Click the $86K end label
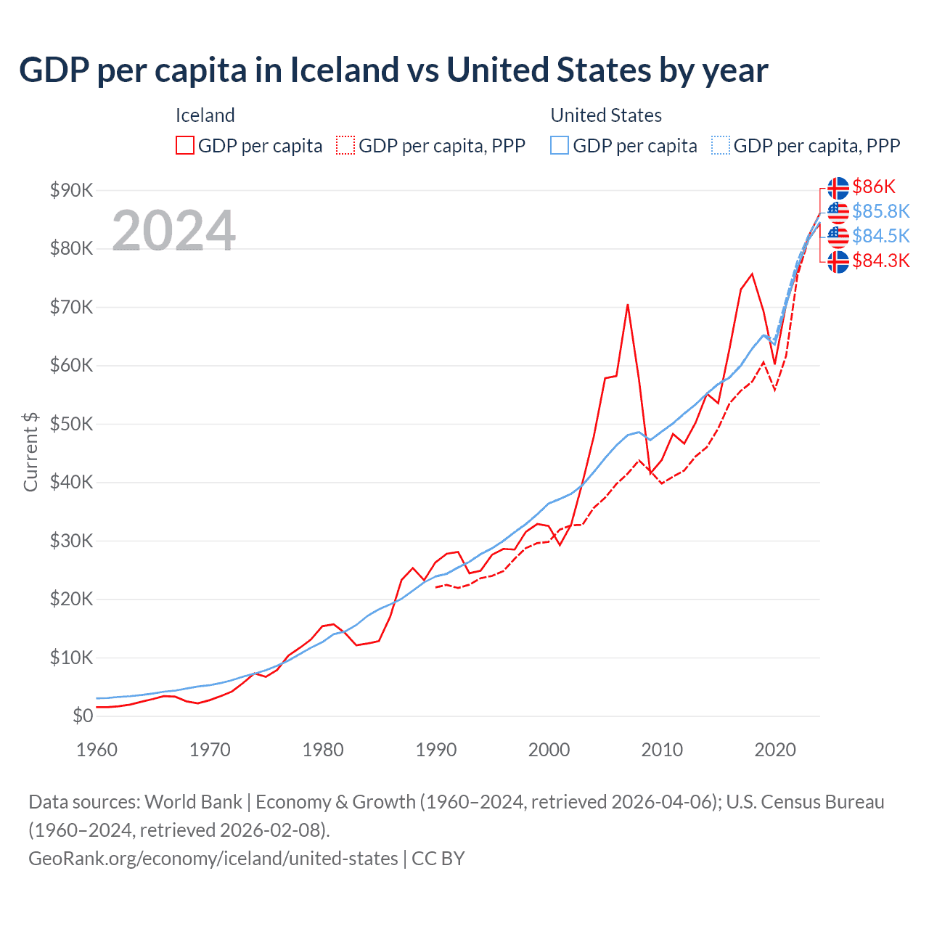point(874,187)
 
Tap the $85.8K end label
point(880,211)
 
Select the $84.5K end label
point(880,236)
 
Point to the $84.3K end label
point(880,261)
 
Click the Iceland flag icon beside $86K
point(838,188)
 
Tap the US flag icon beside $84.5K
point(838,237)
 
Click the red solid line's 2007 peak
point(628,305)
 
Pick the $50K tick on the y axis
point(72,424)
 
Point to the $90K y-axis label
point(72,190)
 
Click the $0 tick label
point(83,716)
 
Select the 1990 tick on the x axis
point(435,750)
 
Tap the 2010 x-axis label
point(662,750)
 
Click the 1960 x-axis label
point(97,750)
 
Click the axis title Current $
point(30,452)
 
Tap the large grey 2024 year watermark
point(174,231)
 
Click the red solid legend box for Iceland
point(185,145)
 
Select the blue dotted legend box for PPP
point(721,145)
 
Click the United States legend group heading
point(606,115)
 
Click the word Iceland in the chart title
point(345,70)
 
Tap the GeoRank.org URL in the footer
point(213,859)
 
